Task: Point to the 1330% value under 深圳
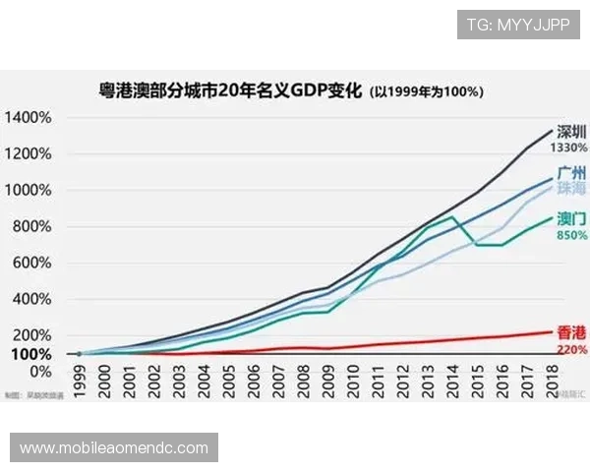click(x=569, y=147)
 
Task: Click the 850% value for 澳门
click(x=571, y=236)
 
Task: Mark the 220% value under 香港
click(x=571, y=349)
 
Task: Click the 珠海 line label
click(x=571, y=187)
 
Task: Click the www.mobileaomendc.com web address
click(x=114, y=448)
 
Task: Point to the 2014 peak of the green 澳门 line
click(x=452, y=216)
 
